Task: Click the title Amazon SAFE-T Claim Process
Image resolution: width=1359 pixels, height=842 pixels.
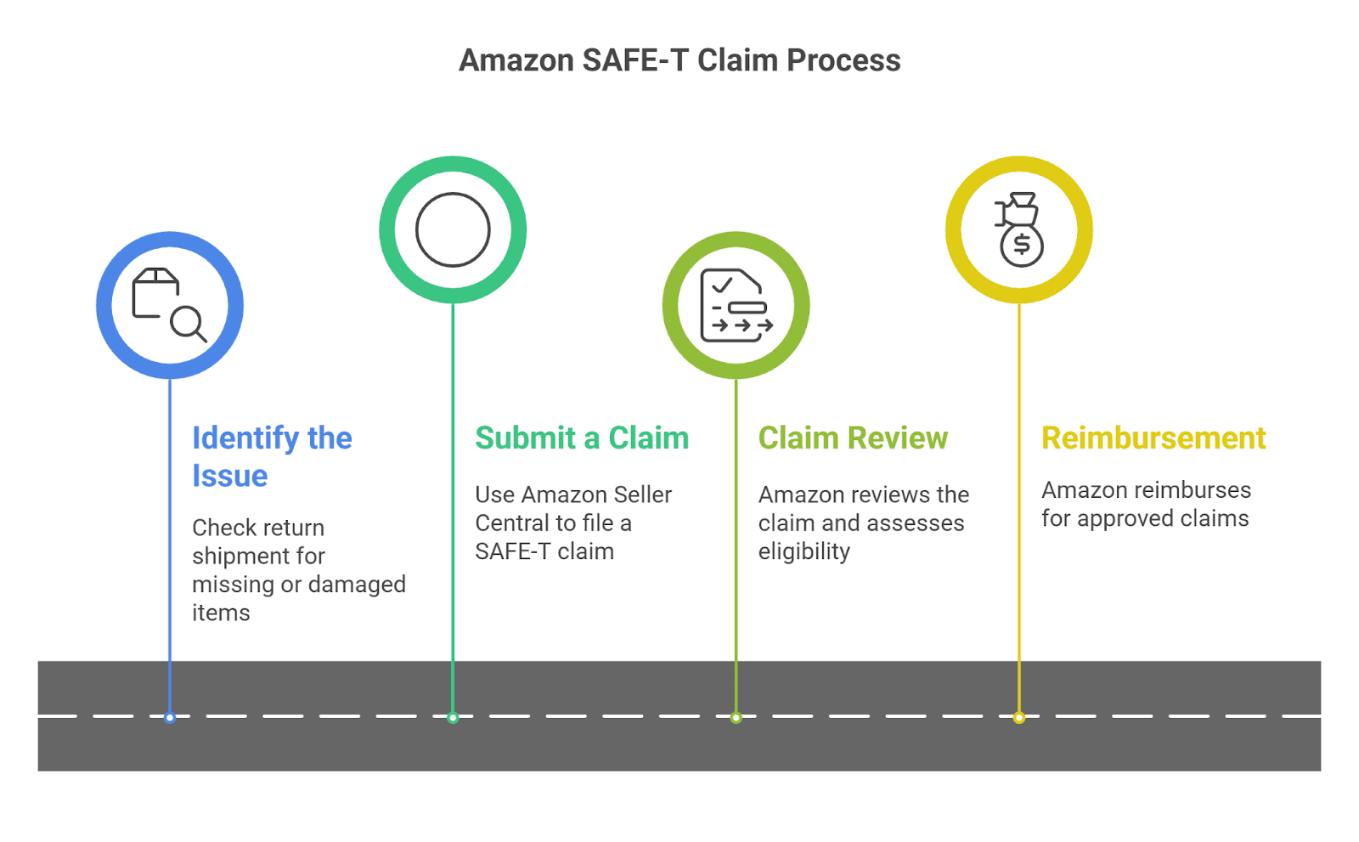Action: (x=679, y=60)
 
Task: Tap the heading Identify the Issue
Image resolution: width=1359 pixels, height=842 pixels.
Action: (x=271, y=456)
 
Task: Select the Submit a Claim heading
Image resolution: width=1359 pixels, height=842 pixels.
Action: (x=582, y=438)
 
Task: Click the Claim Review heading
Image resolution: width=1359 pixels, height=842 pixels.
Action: (x=853, y=438)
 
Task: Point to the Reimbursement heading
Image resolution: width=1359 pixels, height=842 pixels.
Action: (x=1153, y=438)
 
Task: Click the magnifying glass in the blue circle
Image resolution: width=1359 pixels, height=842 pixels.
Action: (x=187, y=323)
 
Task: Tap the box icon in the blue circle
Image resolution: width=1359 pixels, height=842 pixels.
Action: (x=155, y=291)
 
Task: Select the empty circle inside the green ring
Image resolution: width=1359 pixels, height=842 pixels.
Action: (x=453, y=229)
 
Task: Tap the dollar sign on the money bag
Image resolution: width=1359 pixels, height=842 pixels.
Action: (x=1022, y=246)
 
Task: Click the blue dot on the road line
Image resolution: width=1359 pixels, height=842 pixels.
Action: (x=170, y=718)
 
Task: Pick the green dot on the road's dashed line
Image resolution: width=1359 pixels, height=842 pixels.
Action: (x=453, y=718)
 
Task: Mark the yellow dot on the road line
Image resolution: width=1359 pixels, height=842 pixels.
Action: (x=1019, y=718)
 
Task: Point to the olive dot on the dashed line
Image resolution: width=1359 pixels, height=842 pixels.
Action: (x=736, y=718)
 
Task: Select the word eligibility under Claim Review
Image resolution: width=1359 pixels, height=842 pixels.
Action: (x=804, y=551)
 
